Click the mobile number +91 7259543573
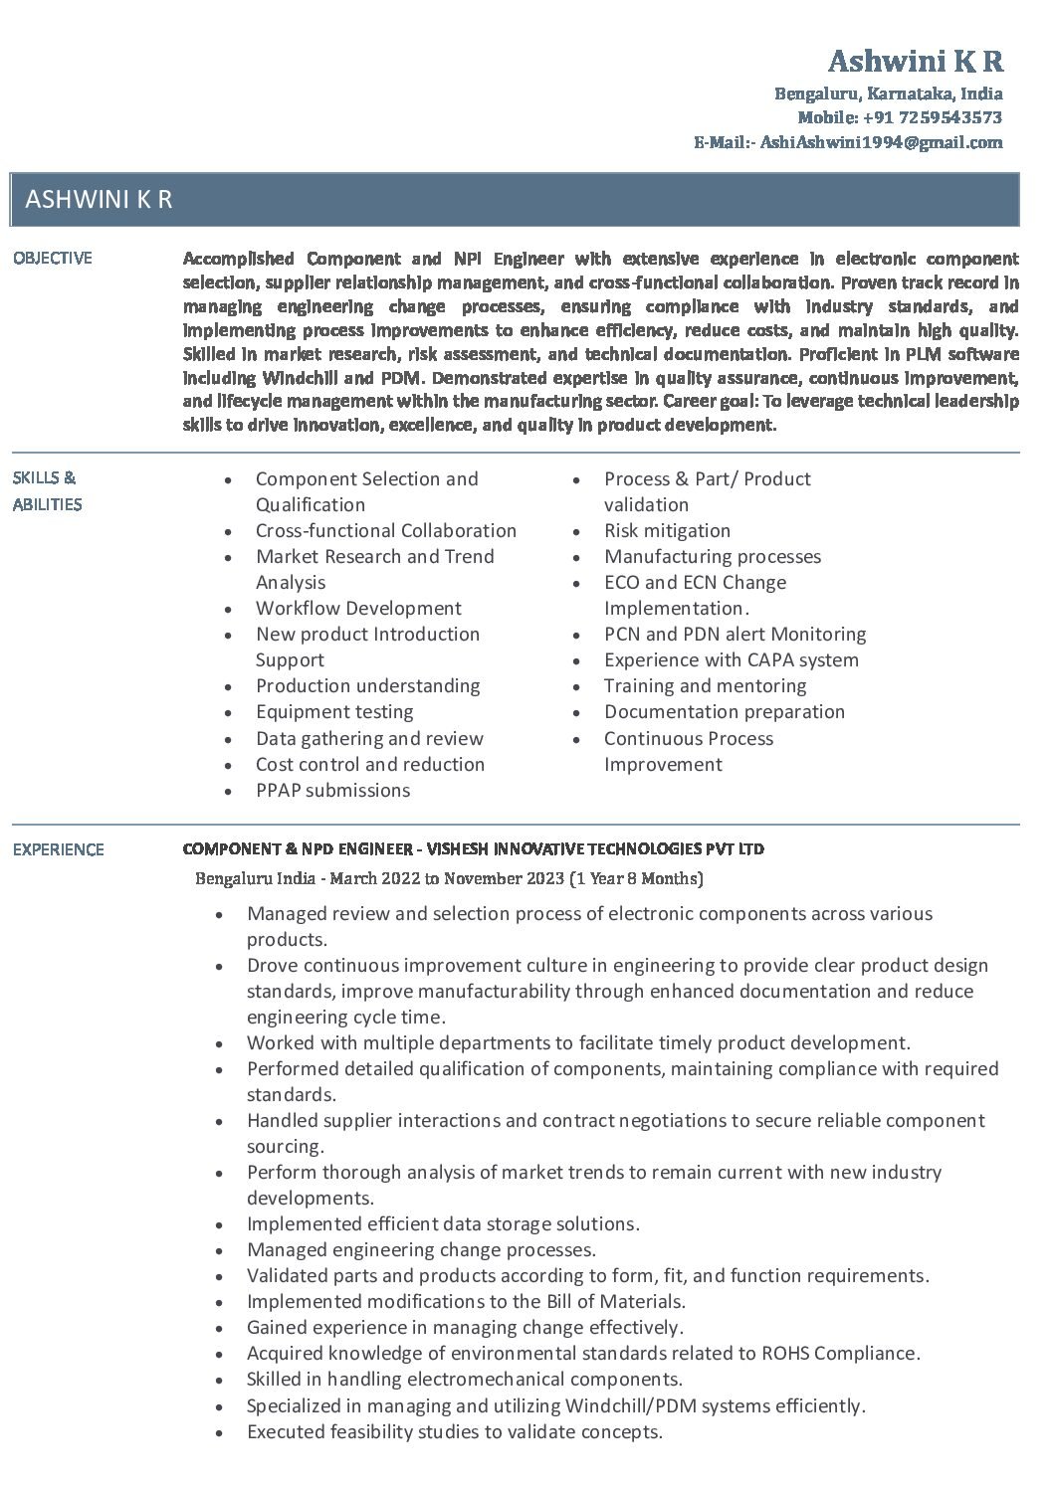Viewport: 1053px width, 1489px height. (x=932, y=117)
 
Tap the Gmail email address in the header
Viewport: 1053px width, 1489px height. (x=881, y=142)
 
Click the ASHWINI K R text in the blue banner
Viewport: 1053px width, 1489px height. (x=99, y=199)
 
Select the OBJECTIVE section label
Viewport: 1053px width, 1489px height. (x=52, y=259)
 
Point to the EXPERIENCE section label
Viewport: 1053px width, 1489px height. (x=58, y=849)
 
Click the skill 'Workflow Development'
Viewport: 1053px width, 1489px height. (x=358, y=609)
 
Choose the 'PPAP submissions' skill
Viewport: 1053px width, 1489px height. (x=332, y=791)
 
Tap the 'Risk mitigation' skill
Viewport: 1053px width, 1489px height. (x=667, y=531)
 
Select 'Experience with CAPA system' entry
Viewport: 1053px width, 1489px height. (x=731, y=660)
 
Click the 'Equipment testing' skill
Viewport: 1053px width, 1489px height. (x=334, y=712)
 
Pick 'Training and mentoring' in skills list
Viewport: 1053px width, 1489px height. (x=705, y=686)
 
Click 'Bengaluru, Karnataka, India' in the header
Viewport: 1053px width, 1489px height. (x=889, y=93)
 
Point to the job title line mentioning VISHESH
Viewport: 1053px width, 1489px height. (x=474, y=849)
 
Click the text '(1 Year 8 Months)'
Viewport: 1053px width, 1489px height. (x=636, y=878)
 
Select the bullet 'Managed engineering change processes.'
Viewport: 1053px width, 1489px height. (x=421, y=1250)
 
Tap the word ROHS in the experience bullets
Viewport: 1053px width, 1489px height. (x=786, y=1354)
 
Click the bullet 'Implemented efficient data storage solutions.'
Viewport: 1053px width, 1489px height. (x=443, y=1224)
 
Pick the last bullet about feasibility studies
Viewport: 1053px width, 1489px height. (x=454, y=1432)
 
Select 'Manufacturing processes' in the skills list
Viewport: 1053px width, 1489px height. (x=713, y=557)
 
